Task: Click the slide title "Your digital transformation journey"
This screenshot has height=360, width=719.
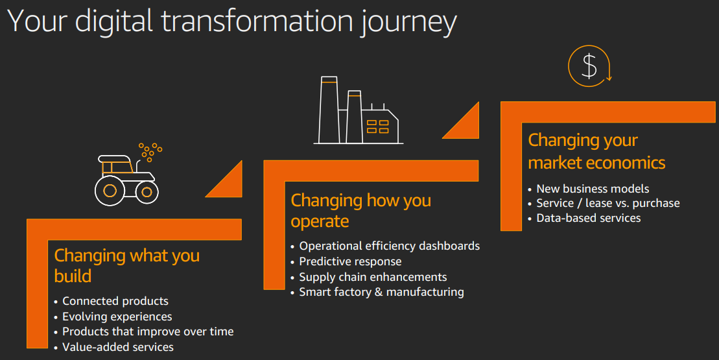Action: point(232,21)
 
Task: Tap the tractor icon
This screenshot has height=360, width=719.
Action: point(128,174)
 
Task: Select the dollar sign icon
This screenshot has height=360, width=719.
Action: point(590,66)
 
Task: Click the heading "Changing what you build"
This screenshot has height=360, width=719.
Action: point(127,265)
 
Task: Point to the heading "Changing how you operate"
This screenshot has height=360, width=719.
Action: point(361,211)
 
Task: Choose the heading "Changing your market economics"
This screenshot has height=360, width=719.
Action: point(596,151)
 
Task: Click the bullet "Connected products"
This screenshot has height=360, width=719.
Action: point(115,302)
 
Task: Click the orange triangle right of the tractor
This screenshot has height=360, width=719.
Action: point(230,184)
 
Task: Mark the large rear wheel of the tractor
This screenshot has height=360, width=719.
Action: point(110,190)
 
